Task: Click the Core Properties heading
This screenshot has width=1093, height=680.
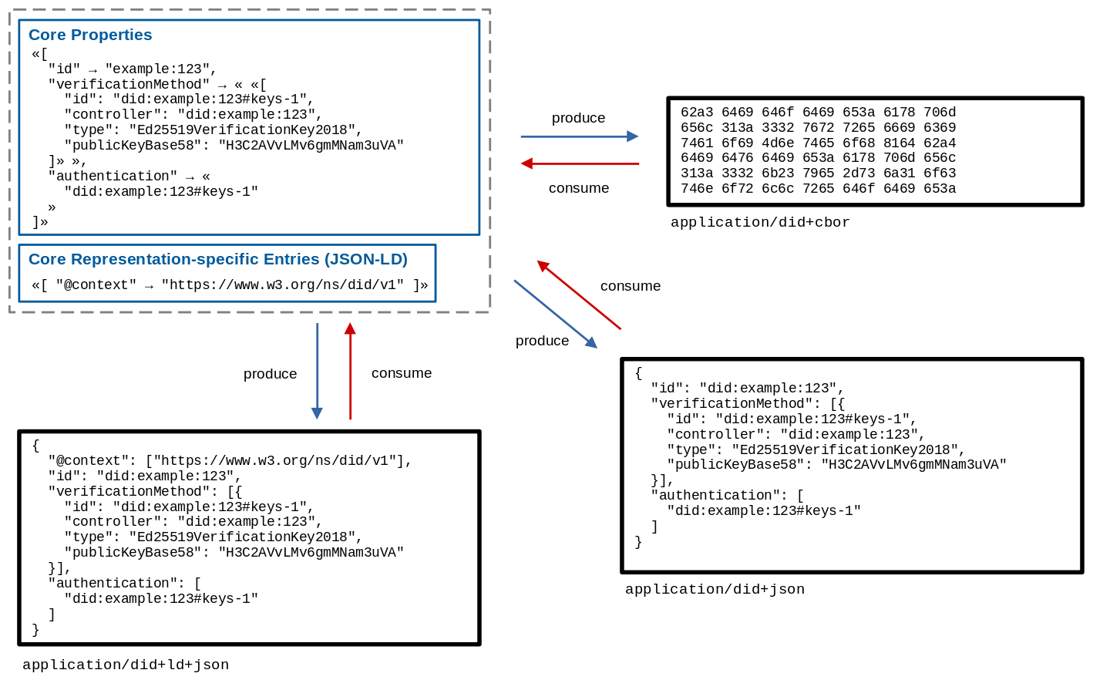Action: (90, 35)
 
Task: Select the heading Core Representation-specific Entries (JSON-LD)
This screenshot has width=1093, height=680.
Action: (217, 259)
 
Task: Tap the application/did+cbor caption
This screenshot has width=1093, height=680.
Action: (760, 222)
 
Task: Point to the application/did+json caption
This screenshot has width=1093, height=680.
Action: (715, 589)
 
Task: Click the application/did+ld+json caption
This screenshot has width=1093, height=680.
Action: (126, 665)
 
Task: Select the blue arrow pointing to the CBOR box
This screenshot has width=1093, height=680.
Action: (579, 136)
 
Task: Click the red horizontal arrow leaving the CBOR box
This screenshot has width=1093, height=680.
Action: (580, 163)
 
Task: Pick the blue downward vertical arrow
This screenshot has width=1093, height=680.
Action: (317, 371)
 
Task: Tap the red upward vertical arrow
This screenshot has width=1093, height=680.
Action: (350, 371)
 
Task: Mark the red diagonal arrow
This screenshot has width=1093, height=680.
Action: (579, 295)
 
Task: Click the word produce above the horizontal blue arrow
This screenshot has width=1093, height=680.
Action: (578, 118)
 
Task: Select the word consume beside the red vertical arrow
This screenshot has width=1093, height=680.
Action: (402, 373)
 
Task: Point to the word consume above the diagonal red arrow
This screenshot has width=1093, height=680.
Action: (631, 286)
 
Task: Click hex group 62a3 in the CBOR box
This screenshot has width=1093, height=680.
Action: (697, 113)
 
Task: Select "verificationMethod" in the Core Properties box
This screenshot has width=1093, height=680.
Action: (129, 84)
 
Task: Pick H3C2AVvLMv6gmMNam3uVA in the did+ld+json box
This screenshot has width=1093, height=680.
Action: (311, 552)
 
